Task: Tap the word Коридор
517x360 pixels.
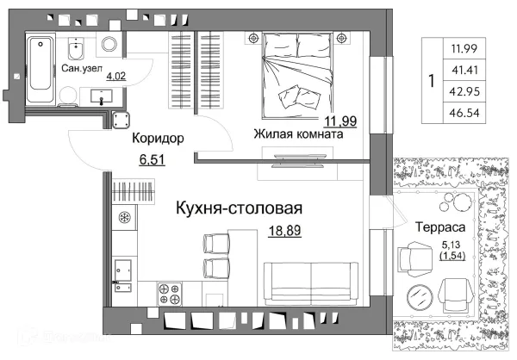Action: pos(156,138)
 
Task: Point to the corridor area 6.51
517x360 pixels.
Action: pos(152,159)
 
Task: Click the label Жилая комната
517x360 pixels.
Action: pos(298,134)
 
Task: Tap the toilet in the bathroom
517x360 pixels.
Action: pos(110,44)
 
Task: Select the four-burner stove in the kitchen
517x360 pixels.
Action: pos(167,295)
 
